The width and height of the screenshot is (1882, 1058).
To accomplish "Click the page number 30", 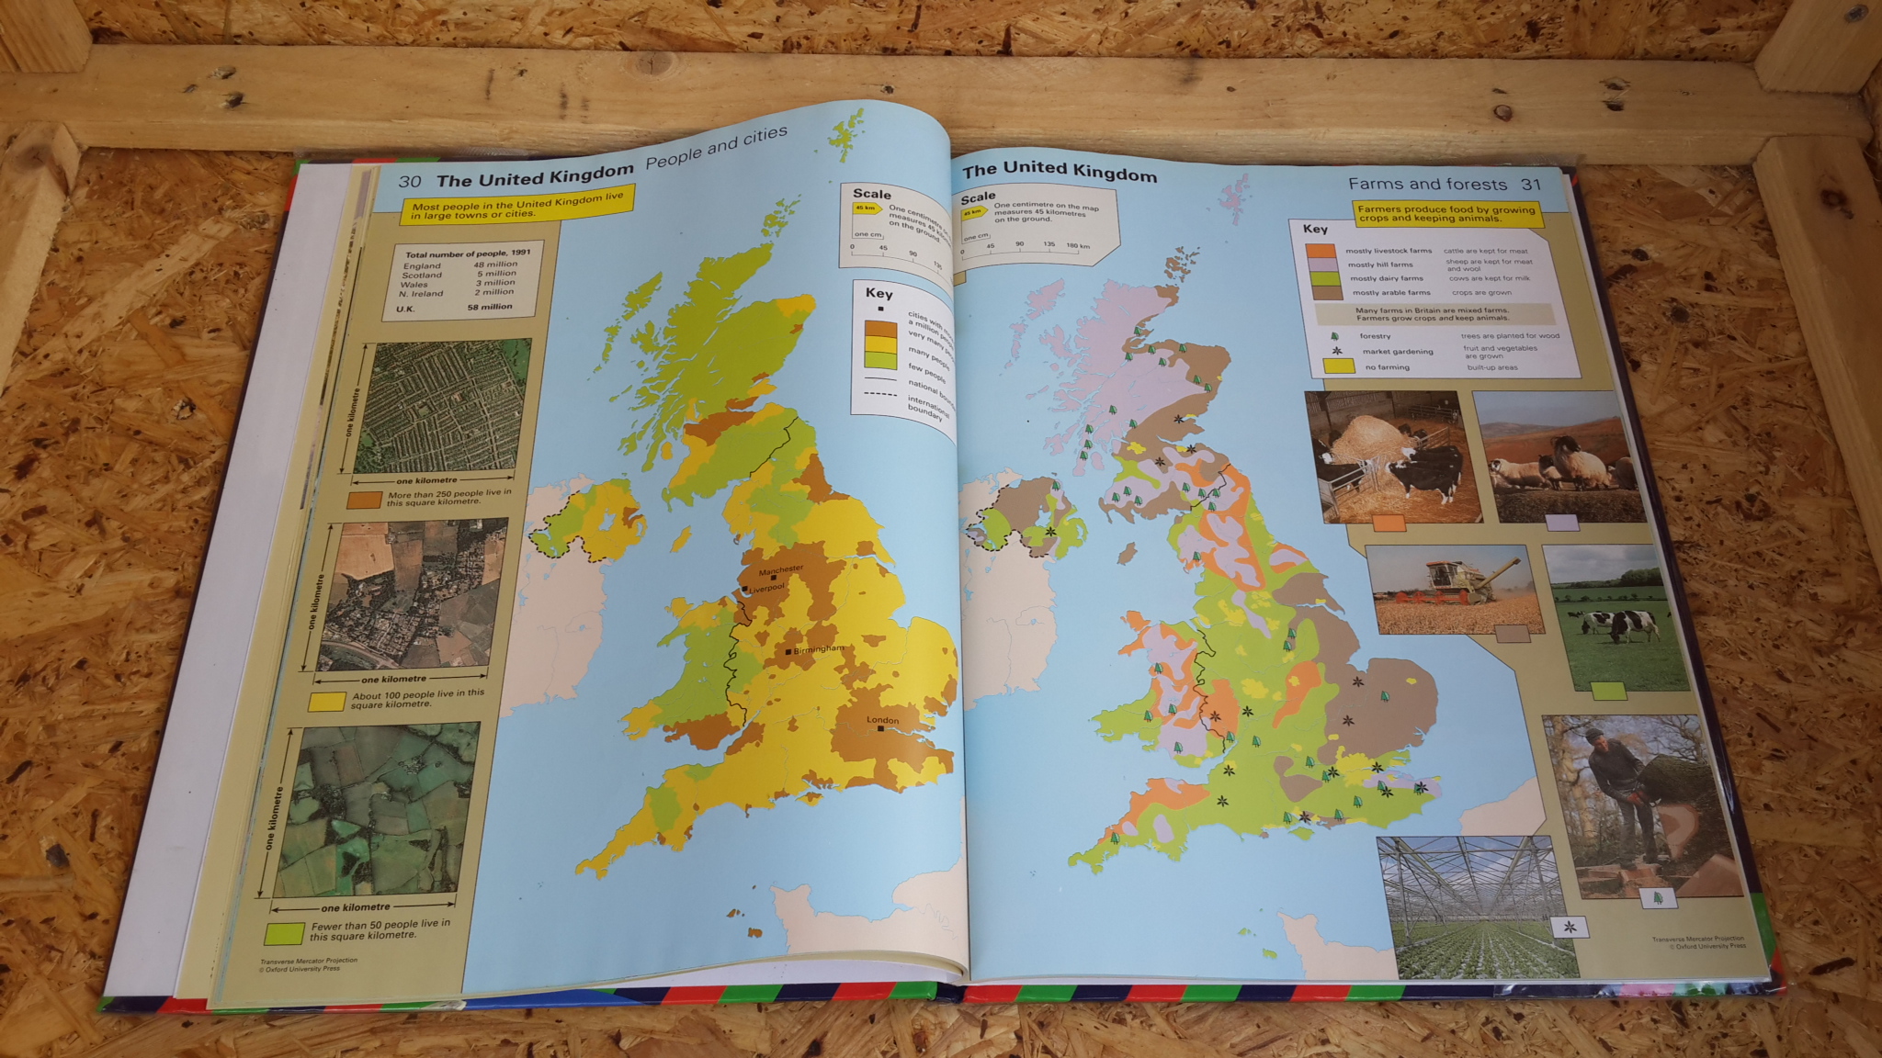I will (409, 181).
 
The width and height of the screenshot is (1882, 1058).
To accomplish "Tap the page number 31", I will (1530, 185).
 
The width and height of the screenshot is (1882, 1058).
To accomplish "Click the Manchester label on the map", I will (780, 570).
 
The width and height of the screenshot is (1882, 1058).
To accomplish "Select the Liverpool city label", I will (766, 588).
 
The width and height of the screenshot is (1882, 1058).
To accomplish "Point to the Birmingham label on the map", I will (817, 649).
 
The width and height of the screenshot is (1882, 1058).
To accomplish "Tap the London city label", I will (883, 720).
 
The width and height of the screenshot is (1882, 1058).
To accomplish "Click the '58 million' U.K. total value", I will (490, 307).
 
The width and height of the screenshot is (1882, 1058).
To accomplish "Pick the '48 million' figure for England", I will (495, 264).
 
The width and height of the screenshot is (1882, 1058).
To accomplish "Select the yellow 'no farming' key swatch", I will (1338, 366).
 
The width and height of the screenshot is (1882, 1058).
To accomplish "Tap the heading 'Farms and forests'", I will (1427, 185).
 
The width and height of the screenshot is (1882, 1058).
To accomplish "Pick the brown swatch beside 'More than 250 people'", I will (365, 500).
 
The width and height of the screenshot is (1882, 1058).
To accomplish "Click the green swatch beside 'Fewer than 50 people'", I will (284, 933).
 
